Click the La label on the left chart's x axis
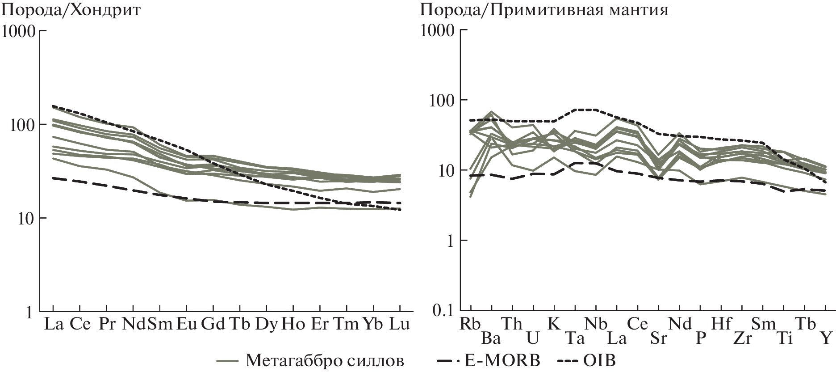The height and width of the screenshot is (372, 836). point(53,324)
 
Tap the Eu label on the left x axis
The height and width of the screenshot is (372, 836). point(187,324)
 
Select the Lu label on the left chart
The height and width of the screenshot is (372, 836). point(399,324)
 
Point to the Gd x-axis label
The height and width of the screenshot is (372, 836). point(213,324)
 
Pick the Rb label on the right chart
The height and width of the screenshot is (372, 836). point(470,324)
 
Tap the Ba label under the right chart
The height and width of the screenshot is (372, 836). point(491,338)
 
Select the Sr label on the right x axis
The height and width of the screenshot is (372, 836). point(658,338)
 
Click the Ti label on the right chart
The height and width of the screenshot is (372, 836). point(784,338)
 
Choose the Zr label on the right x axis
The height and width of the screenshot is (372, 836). point(742,338)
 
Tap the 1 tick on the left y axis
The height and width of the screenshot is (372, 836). point(28,313)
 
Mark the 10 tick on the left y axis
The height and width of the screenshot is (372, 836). point(22,219)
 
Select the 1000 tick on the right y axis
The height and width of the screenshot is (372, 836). point(437,31)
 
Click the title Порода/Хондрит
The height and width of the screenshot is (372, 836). point(71,9)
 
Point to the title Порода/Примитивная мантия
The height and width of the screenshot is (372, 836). point(544,9)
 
